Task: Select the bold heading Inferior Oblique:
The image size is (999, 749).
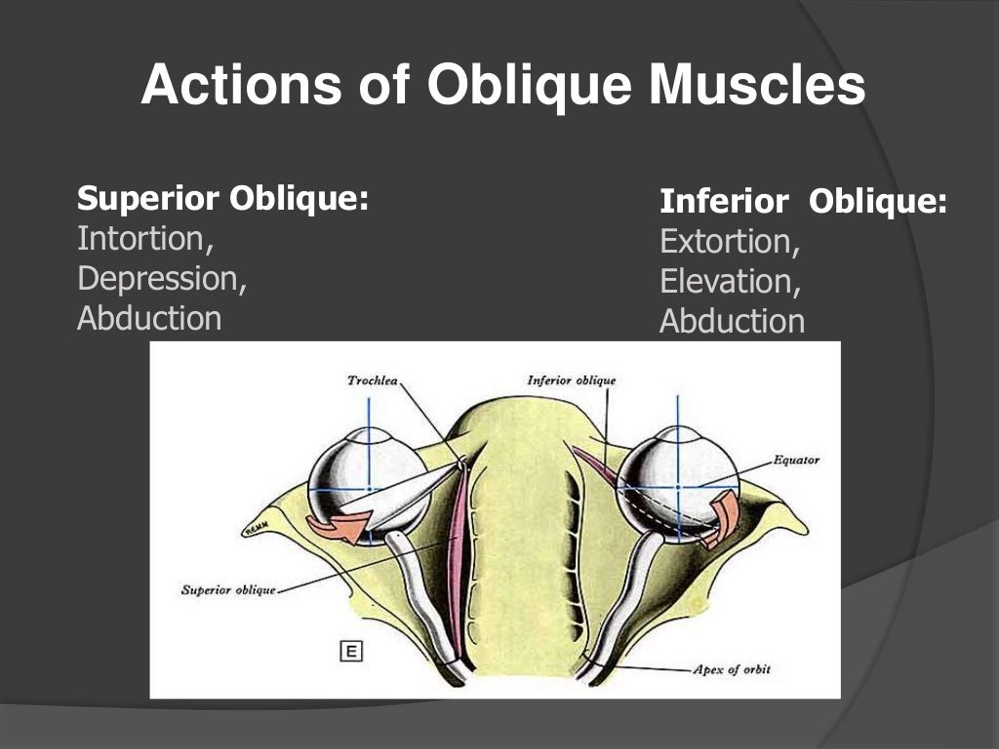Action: (803, 202)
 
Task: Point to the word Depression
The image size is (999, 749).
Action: (162, 278)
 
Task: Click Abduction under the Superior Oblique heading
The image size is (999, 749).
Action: (149, 318)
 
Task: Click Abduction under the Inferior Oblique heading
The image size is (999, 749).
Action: (732, 321)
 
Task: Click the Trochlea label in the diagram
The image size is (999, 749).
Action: (372, 379)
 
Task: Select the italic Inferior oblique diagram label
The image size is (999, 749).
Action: (571, 379)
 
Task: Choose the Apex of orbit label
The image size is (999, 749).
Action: (730, 670)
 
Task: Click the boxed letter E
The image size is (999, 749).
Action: (349, 650)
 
